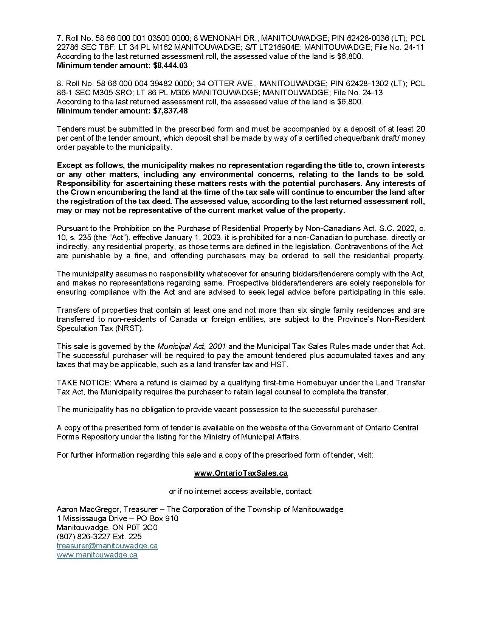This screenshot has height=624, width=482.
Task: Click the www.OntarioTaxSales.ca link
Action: tap(241, 473)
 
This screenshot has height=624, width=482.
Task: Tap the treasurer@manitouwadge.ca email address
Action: tap(107, 546)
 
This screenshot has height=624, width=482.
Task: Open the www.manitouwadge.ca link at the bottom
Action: tap(97, 555)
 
